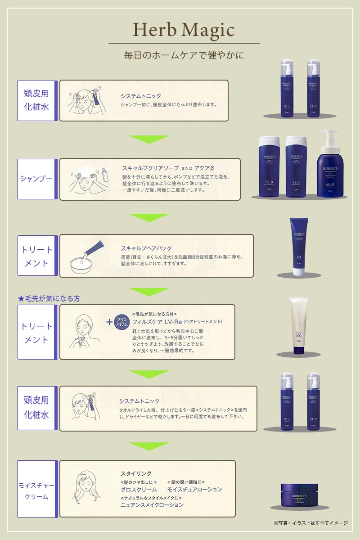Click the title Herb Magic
click(184, 30)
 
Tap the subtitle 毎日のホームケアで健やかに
click(184, 56)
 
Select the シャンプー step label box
click(36, 179)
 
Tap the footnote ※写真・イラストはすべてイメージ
click(310, 523)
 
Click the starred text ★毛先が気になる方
click(49, 298)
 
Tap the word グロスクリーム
click(139, 489)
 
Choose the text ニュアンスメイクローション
click(152, 505)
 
